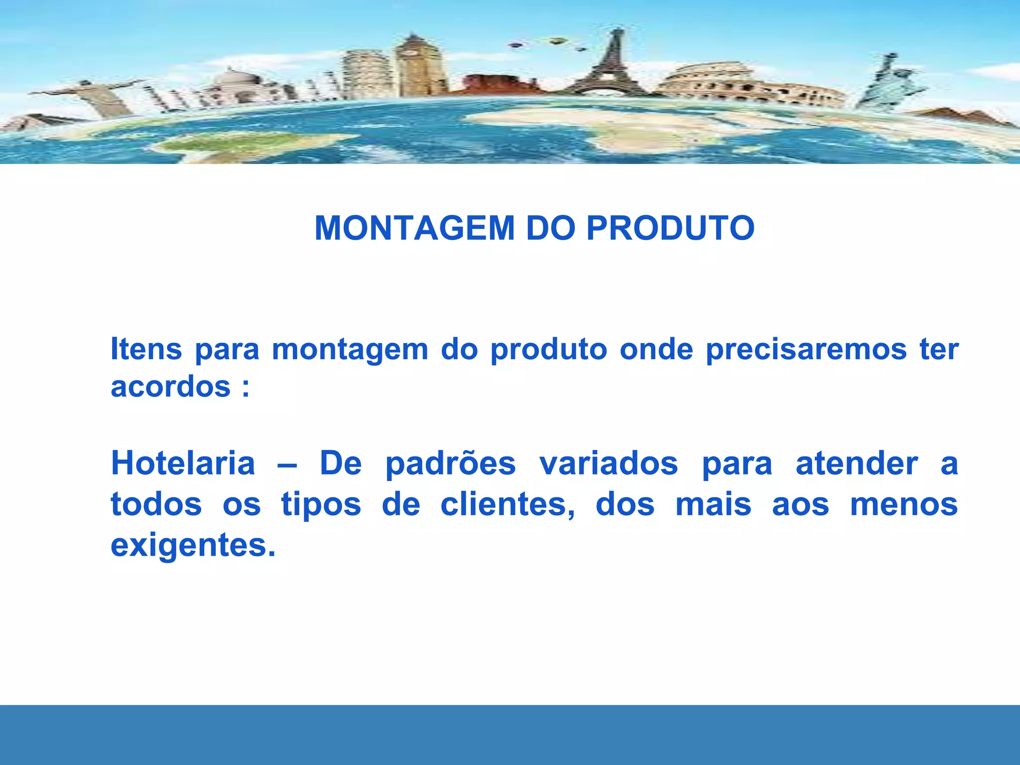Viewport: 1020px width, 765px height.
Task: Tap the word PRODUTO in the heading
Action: coord(670,229)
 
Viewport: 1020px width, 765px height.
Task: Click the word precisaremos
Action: coord(806,350)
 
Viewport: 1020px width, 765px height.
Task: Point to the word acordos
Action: coord(171,387)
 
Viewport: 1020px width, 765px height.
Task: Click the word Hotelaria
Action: coord(183,463)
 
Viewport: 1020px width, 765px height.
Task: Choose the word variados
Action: coord(609,463)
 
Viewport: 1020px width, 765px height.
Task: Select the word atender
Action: coord(857,463)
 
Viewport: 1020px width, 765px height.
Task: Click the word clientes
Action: coord(508,505)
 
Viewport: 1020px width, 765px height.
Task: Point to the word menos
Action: coord(904,505)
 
